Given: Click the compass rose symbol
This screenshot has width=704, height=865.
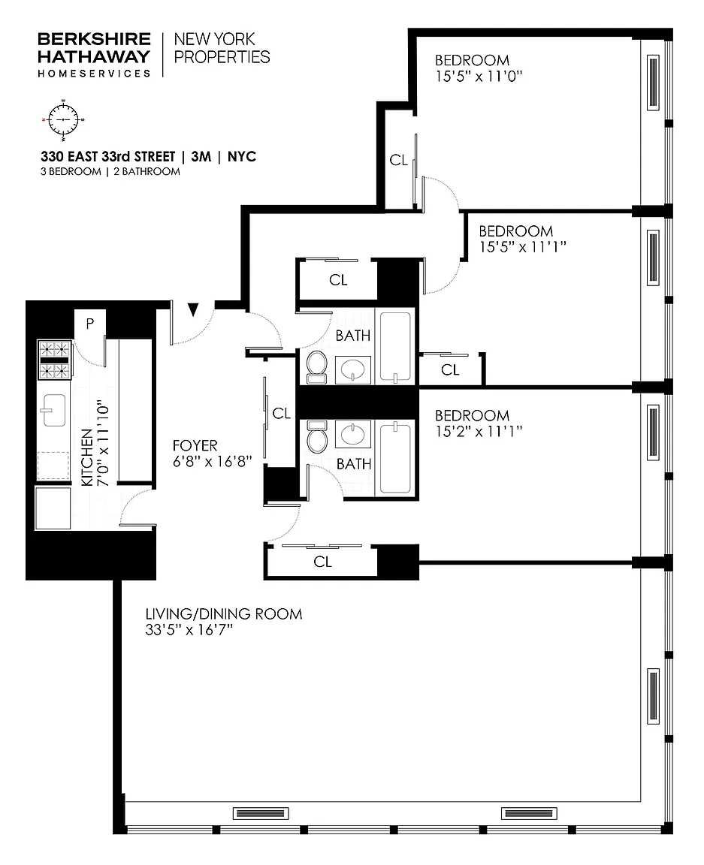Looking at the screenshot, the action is pyautogui.click(x=63, y=119).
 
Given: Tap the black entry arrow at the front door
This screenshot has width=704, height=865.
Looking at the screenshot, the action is pyautogui.click(x=192, y=309).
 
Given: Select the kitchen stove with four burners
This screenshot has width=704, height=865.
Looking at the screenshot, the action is pyautogui.click(x=54, y=360).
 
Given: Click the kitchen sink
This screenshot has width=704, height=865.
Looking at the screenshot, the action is pyautogui.click(x=53, y=410).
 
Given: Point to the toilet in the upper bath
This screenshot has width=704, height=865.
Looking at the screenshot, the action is pyautogui.click(x=317, y=367).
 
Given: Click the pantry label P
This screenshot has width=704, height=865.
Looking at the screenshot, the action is pyautogui.click(x=90, y=324).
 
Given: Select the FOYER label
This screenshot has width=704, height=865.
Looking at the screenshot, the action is pyautogui.click(x=195, y=445).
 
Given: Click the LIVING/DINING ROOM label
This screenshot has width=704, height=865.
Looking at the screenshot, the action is pyautogui.click(x=224, y=614).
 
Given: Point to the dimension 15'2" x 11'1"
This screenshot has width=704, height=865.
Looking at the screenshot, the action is pyautogui.click(x=479, y=432).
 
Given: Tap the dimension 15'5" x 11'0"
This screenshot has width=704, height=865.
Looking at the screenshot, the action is pyautogui.click(x=479, y=76).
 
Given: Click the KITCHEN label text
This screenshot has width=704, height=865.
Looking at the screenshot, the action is pyautogui.click(x=87, y=458).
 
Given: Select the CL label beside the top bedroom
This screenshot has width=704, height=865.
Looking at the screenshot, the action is pyautogui.click(x=399, y=160).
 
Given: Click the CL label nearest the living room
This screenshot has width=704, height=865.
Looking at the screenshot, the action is pyautogui.click(x=322, y=562).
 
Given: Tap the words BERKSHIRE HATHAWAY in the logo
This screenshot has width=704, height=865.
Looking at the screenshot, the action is pyautogui.click(x=94, y=48).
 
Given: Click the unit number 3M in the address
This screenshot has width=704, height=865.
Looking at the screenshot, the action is pyautogui.click(x=201, y=157).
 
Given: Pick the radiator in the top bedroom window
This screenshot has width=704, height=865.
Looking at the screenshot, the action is pyautogui.click(x=653, y=83).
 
